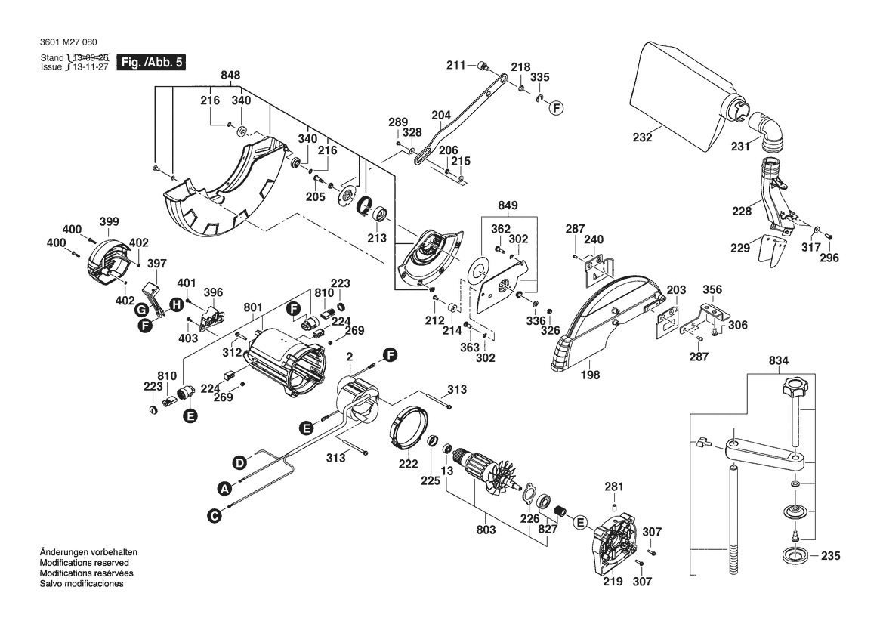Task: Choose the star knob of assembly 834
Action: pyautogui.click(x=792, y=392)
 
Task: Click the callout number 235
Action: pyautogui.click(x=830, y=557)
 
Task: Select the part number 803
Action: pyautogui.click(x=486, y=530)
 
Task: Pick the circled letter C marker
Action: pyautogui.click(x=215, y=515)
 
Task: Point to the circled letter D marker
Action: pyautogui.click(x=239, y=462)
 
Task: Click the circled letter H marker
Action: pyautogui.click(x=175, y=304)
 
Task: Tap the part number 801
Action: pyautogui.click(x=252, y=307)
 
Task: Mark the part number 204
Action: pyautogui.click(x=440, y=115)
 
